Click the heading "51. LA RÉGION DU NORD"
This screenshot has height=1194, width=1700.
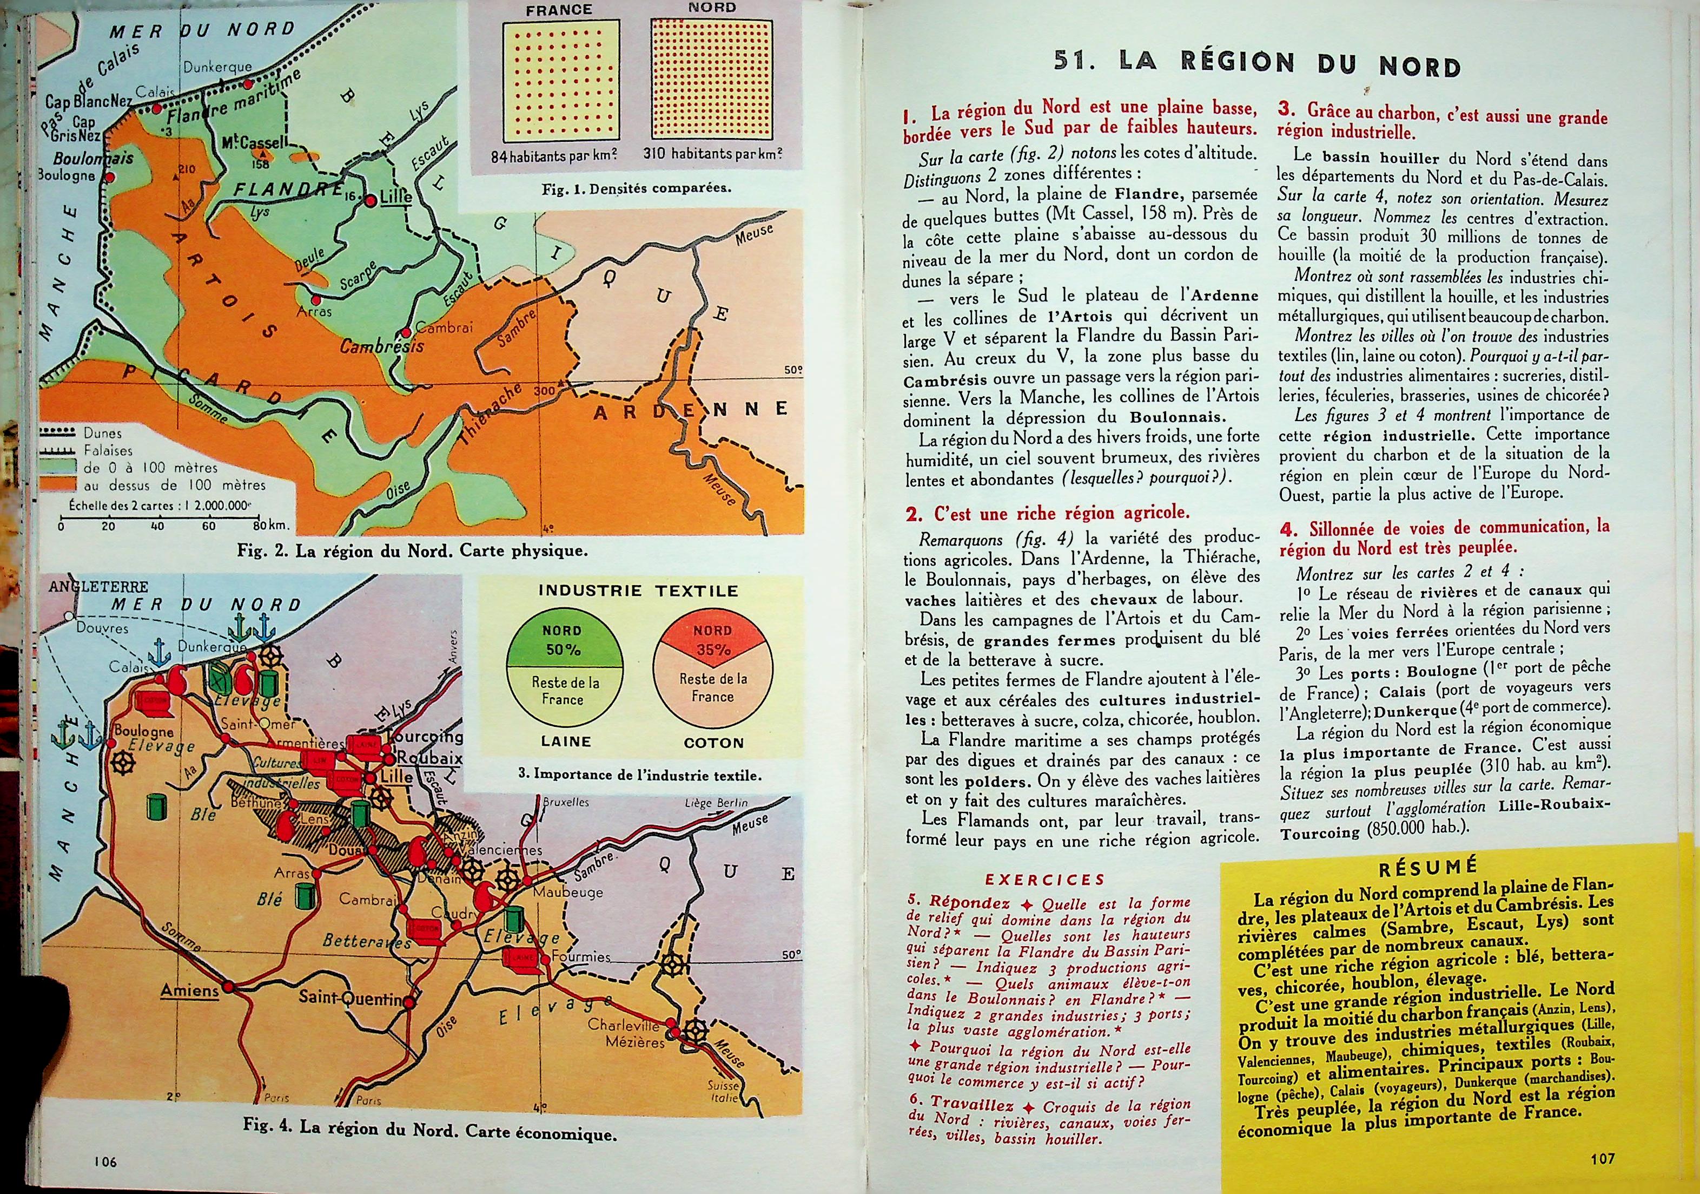tap(1256, 64)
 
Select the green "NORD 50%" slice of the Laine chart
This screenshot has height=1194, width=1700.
tap(562, 641)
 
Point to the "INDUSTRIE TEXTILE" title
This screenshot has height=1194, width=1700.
tap(638, 591)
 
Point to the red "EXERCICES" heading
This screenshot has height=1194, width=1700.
tap(1045, 880)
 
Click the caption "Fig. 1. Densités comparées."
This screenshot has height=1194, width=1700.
tap(636, 188)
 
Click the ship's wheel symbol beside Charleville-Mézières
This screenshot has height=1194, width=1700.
tap(694, 1029)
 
